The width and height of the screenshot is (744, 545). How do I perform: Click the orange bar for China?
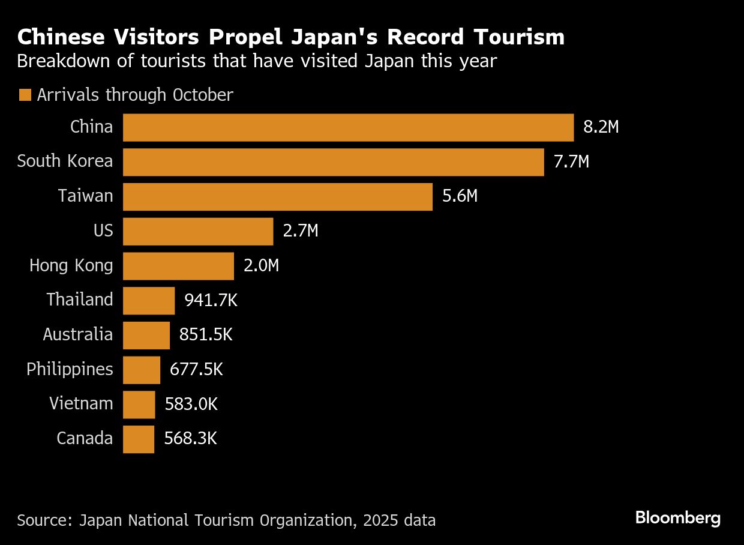(348, 128)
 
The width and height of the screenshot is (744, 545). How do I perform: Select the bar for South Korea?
(333, 162)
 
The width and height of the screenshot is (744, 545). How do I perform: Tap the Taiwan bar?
(277, 197)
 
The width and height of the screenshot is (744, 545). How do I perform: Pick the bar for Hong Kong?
(178, 266)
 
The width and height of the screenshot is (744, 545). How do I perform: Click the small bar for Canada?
(139, 439)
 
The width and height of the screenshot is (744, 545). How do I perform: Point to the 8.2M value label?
(601, 128)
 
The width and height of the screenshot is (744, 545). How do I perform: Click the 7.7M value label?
(571, 162)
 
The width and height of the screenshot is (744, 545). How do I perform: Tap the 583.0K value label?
(191, 404)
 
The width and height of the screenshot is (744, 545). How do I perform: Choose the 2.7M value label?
(300, 231)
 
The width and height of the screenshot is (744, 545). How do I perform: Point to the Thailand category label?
(80, 300)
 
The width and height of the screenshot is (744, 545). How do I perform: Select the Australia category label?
(78, 334)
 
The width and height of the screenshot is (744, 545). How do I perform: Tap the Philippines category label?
(70, 369)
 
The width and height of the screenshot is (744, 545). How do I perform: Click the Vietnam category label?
(81, 404)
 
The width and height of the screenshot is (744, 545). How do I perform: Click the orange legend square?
(25, 95)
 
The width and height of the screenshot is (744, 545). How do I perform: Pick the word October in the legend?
(203, 95)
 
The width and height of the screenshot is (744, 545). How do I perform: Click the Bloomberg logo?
(678, 518)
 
